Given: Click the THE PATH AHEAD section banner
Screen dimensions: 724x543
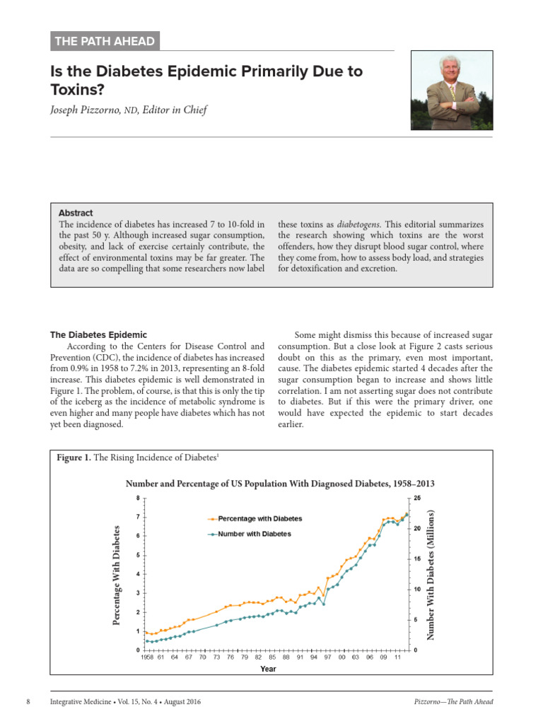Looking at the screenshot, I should [x=105, y=41].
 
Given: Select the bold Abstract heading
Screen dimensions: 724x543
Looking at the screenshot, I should [x=76, y=213].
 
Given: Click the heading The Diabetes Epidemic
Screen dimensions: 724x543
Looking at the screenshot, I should [x=98, y=334].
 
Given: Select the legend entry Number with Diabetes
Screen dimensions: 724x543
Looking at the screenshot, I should [x=255, y=534].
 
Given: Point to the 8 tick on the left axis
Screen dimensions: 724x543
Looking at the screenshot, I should [x=138, y=498].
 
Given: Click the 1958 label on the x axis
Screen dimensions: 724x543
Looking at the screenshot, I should [x=146, y=657].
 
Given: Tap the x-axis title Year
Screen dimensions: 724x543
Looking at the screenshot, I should [x=268, y=668].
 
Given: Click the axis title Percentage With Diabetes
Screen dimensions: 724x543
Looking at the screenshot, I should [x=117, y=574].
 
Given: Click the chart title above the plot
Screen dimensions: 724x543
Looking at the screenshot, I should [x=279, y=484].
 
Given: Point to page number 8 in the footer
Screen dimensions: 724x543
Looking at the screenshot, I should [x=28, y=701].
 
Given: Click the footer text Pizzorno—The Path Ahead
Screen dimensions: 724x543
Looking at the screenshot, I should [x=453, y=701].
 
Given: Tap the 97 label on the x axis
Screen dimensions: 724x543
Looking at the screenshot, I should [x=327, y=657].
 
